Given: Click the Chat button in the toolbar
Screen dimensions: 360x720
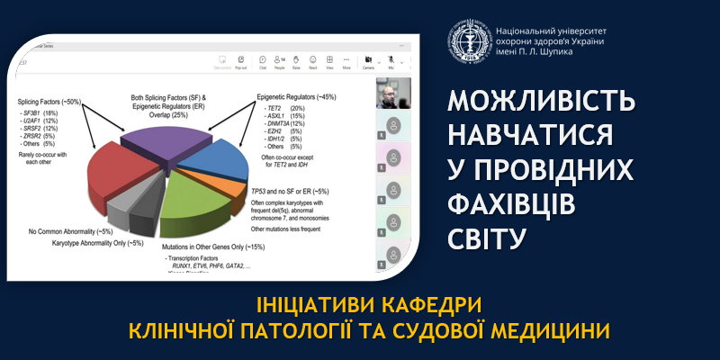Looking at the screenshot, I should tap(263, 61).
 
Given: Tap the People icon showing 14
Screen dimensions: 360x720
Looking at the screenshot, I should tap(280, 61).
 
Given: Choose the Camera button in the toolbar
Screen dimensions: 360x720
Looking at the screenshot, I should tap(368, 61).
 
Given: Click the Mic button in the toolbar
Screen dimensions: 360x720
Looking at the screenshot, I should tap(391, 61).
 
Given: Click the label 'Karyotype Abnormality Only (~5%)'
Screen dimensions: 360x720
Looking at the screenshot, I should tap(85, 243).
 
